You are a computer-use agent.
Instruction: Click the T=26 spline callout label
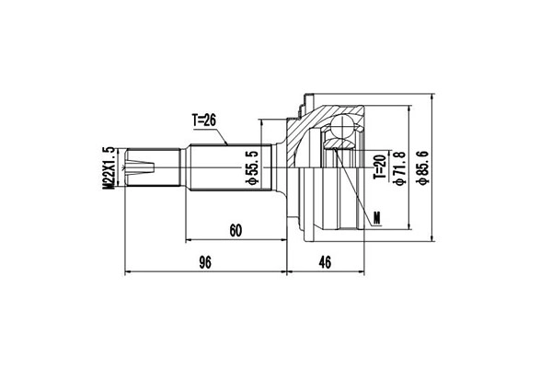click(204, 121)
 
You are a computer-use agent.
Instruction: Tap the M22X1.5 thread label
click(109, 168)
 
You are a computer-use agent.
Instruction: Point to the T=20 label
click(380, 167)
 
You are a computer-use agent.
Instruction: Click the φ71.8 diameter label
click(400, 167)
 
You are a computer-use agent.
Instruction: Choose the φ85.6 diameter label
click(422, 167)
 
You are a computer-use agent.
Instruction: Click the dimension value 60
click(236, 231)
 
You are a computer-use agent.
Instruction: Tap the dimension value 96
click(205, 262)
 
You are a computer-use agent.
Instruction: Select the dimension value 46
click(325, 262)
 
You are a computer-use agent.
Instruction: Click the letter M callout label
click(376, 218)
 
